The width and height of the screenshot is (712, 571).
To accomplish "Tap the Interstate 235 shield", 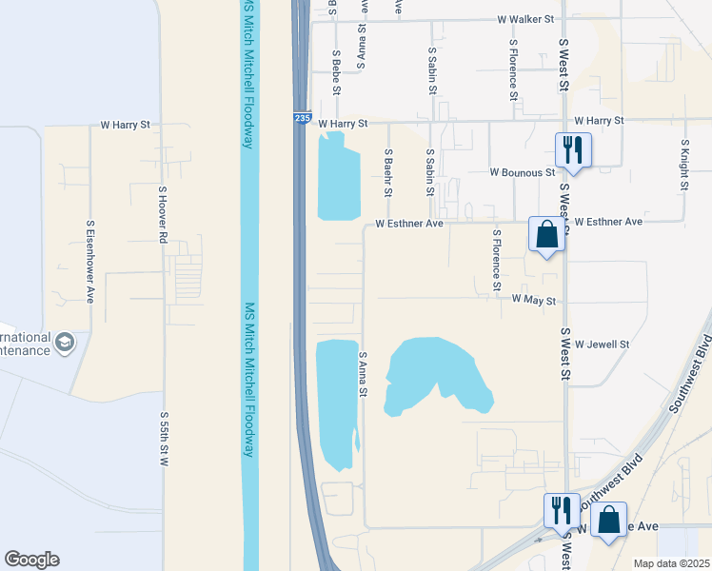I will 302,118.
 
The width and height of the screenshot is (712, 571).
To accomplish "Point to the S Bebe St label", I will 336,73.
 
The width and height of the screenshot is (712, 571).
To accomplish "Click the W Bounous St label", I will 522,173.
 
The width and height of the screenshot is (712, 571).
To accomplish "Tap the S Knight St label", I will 683,166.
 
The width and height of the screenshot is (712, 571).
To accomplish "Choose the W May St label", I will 533,299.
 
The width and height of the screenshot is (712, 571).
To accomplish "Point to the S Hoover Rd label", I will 163,216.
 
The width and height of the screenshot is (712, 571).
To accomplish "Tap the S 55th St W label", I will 164,439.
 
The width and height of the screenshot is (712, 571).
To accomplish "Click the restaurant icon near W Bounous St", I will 573,150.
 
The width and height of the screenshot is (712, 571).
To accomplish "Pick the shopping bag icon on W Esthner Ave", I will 547,234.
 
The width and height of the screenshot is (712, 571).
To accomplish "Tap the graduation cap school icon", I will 65,343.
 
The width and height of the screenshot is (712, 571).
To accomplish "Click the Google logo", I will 31,560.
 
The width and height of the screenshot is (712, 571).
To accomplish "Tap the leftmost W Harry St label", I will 127,125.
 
